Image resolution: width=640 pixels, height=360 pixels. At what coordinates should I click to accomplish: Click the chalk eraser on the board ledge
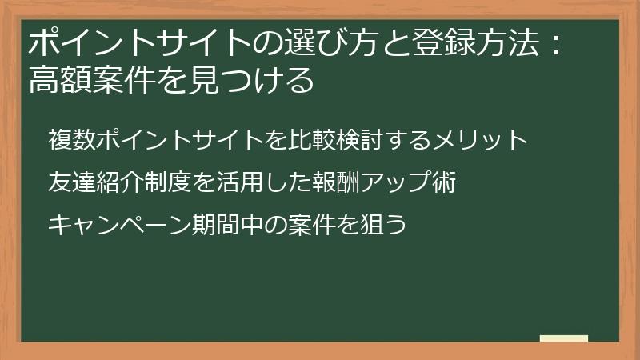coord(563,338)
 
